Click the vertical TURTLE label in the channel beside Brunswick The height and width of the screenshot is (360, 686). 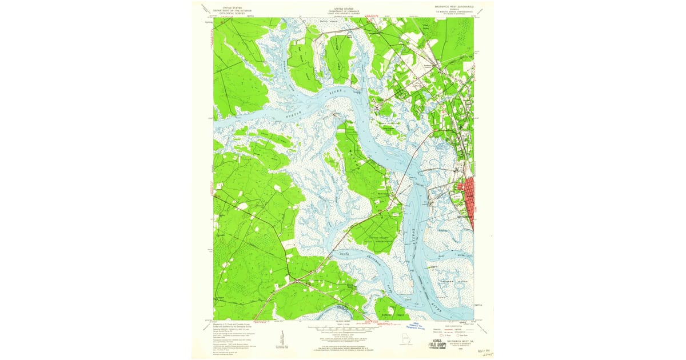[x=413, y=232]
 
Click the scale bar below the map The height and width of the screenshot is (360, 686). [x=343, y=330]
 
